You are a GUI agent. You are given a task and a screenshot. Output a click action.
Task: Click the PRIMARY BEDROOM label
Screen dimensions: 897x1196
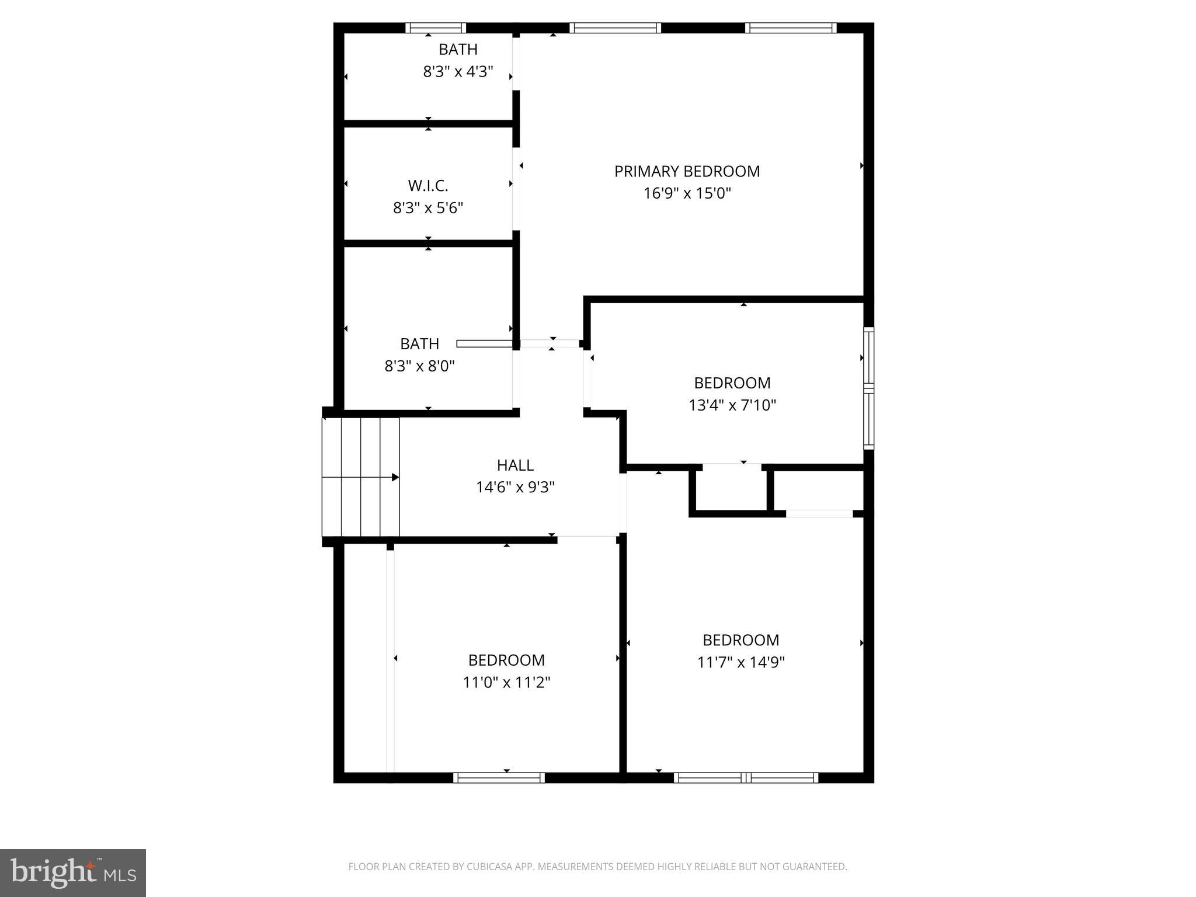(x=687, y=171)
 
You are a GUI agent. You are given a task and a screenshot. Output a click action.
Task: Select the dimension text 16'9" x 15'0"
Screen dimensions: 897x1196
(x=687, y=193)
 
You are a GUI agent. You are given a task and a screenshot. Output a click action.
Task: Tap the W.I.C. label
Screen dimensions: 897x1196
(x=427, y=186)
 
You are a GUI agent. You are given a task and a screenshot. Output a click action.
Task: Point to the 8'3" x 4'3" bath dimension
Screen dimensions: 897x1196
(x=458, y=72)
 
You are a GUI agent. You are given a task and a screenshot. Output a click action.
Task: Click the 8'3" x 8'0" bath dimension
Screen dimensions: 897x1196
(x=419, y=366)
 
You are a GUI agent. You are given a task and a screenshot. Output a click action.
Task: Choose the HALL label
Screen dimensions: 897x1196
(x=515, y=465)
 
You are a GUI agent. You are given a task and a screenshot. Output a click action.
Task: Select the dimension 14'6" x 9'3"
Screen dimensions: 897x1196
(x=515, y=487)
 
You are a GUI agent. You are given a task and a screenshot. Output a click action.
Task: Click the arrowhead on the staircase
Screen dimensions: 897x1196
(x=395, y=477)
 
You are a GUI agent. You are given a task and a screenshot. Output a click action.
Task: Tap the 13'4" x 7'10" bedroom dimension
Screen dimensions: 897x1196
(x=732, y=405)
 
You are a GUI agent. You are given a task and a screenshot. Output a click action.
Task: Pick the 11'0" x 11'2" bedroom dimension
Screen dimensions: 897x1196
(x=506, y=682)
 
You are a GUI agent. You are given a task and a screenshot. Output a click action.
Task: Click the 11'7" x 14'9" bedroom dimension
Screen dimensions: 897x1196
(x=740, y=662)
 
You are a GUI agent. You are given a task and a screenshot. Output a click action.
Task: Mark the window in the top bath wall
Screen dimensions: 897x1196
(x=436, y=27)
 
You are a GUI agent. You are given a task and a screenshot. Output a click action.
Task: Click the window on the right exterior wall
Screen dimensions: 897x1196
(x=868, y=388)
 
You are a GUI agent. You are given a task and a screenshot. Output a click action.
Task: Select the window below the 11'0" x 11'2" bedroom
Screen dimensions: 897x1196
(x=499, y=777)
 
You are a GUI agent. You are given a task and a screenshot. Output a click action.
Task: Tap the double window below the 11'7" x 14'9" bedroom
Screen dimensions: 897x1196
(x=746, y=777)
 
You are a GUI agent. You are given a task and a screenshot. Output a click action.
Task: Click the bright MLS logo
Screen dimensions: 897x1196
(x=72, y=872)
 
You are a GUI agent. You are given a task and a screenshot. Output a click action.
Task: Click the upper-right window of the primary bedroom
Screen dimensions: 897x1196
(x=791, y=27)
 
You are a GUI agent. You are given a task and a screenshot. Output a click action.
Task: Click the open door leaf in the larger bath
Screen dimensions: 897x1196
(x=484, y=343)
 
